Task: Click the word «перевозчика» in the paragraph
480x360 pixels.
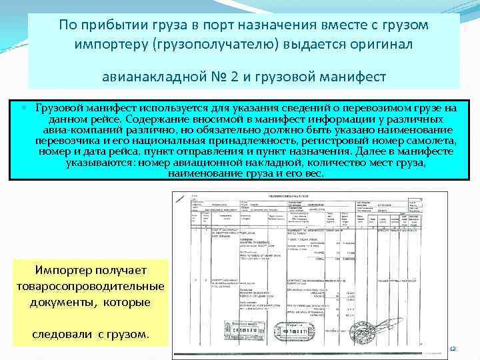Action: point(67,141)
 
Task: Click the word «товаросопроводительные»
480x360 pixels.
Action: point(89,286)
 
